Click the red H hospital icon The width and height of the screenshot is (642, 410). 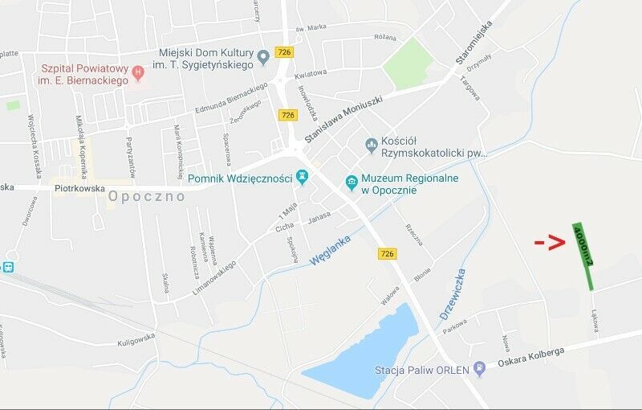138,73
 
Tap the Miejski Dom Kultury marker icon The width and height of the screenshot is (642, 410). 263,57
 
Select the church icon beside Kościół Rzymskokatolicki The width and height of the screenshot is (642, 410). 371,146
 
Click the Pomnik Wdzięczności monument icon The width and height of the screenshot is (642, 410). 303,178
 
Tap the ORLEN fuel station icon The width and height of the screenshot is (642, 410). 480,370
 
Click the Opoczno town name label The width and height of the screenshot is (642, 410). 147,196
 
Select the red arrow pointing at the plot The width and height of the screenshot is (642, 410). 551,241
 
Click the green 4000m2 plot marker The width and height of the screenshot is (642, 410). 583,256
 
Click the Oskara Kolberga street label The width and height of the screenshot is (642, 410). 530,356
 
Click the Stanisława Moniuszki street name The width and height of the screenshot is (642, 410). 336,117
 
